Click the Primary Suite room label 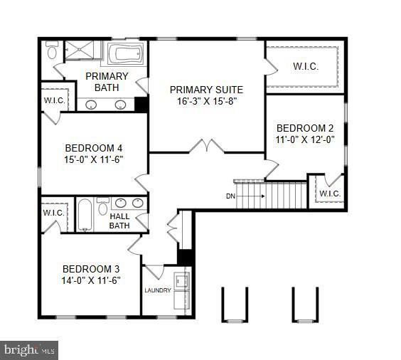coord(206,90)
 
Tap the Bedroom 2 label coord(304,128)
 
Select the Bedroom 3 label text coord(91,268)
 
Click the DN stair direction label coord(230,196)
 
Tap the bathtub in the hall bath coord(85,213)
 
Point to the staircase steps coord(285,194)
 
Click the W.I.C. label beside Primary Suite coord(305,67)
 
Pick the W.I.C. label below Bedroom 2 coord(330,194)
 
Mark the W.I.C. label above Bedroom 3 coord(54,212)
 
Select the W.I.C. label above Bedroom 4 coord(55,100)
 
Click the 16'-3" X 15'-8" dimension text coord(206,102)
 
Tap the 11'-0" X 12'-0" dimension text coord(304,140)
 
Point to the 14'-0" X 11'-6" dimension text coord(91,280)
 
